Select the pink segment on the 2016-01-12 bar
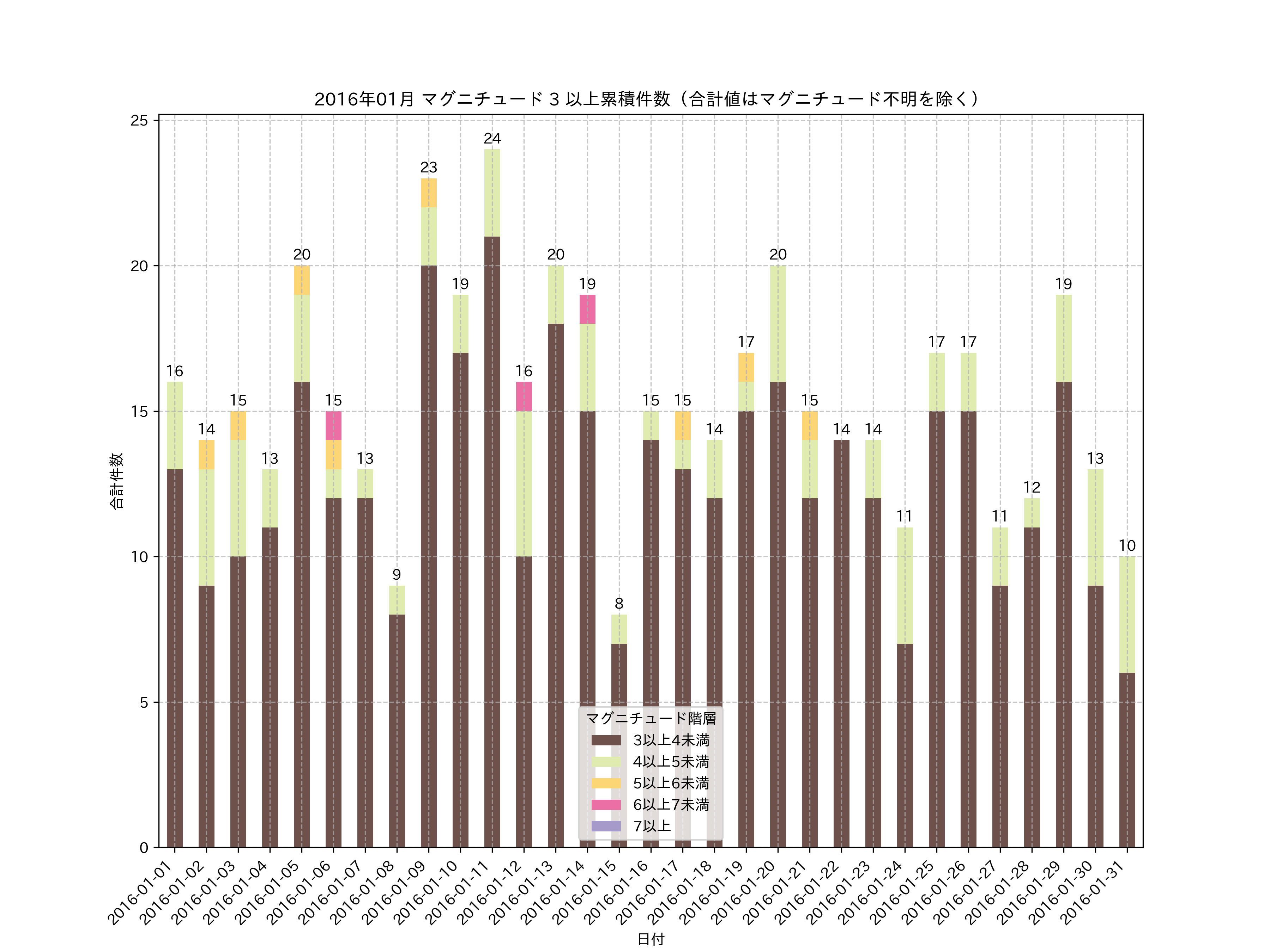(x=524, y=396)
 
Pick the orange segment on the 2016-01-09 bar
(x=428, y=193)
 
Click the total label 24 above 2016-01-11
(x=492, y=138)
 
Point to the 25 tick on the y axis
(x=139, y=121)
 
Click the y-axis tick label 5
(x=144, y=702)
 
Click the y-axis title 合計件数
(x=116, y=481)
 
